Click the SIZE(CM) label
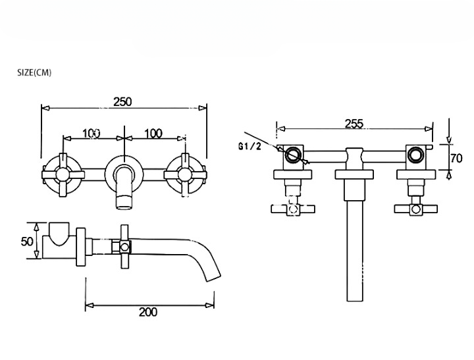(x=34, y=73)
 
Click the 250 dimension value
(x=122, y=102)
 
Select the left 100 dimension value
(x=92, y=134)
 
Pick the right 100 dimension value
(x=153, y=134)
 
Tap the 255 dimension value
(x=354, y=124)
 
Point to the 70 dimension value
(x=456, y=158)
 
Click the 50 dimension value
(x=27, y=242)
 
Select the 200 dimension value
(x=148, y=312)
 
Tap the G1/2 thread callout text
(x=250, y=147)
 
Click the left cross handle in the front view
(x=63, y=175)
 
